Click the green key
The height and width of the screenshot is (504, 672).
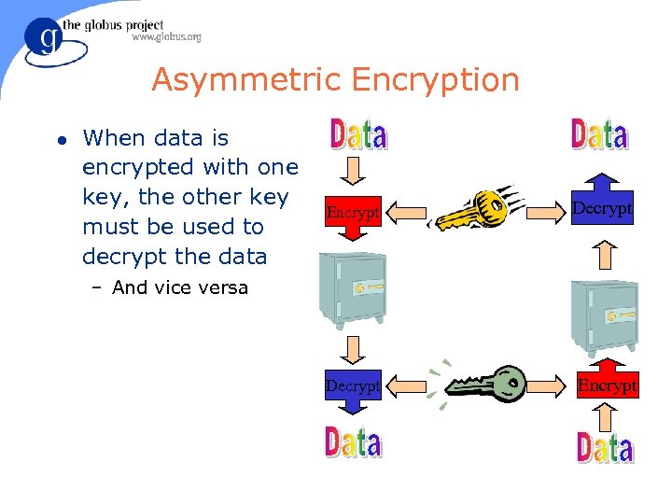click(485, 384)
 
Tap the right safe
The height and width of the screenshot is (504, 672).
click(605, 316)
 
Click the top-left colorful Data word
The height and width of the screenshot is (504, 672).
click(358, 135)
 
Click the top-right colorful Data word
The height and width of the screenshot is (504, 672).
click(598, 136)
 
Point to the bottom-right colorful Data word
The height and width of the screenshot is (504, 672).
click(605, 448)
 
